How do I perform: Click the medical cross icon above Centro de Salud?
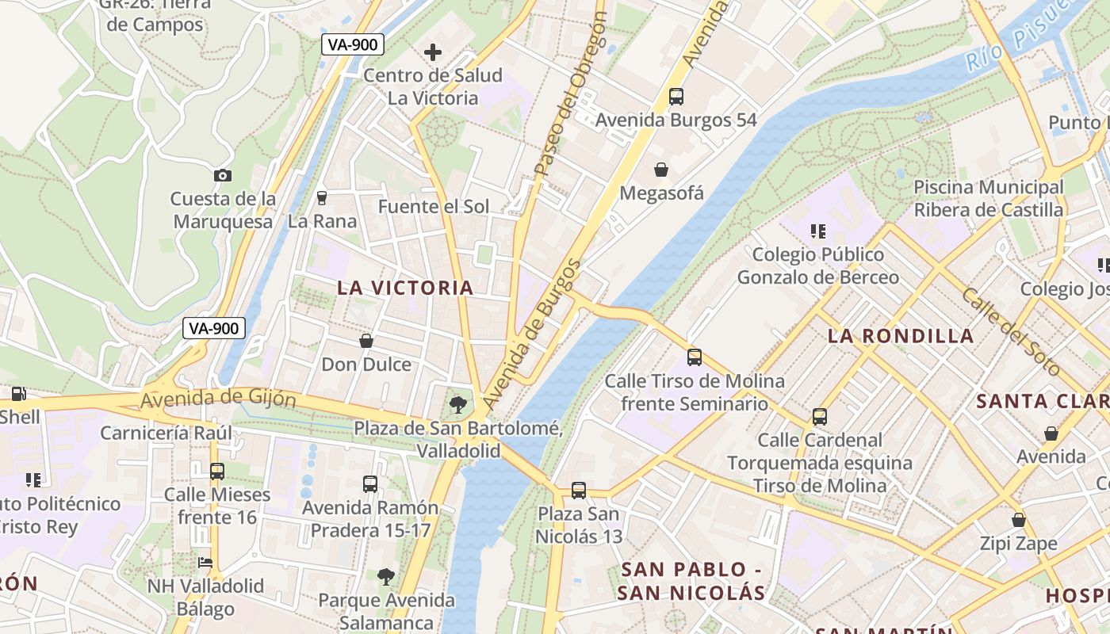pos(432,52)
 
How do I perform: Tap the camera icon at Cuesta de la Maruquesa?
pos(223,175)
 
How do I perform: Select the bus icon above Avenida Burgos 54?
pos(676,97)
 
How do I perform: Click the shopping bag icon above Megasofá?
pos(660,170)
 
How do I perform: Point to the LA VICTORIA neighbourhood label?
pos(405,288)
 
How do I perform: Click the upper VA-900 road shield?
pos(353,44)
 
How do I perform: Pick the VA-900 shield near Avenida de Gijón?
pos(214,328)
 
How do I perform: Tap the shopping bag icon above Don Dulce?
pos(366,341)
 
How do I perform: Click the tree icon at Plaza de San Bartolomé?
pos(457,406)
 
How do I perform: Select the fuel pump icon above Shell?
pos(17,393)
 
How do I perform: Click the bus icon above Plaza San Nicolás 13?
pos(579,491)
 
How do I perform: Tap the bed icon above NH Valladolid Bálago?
pos(205,563)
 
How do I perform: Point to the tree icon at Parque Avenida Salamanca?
pos(386,576)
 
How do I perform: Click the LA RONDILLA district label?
pos(901,336)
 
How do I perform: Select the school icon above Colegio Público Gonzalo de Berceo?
pos(817,231)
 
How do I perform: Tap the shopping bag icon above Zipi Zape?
pos(1018,520)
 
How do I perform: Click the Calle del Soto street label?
pos(1011,331)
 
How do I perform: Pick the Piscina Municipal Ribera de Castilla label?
pos(988,199)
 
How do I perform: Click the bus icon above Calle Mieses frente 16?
pos(216,472)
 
